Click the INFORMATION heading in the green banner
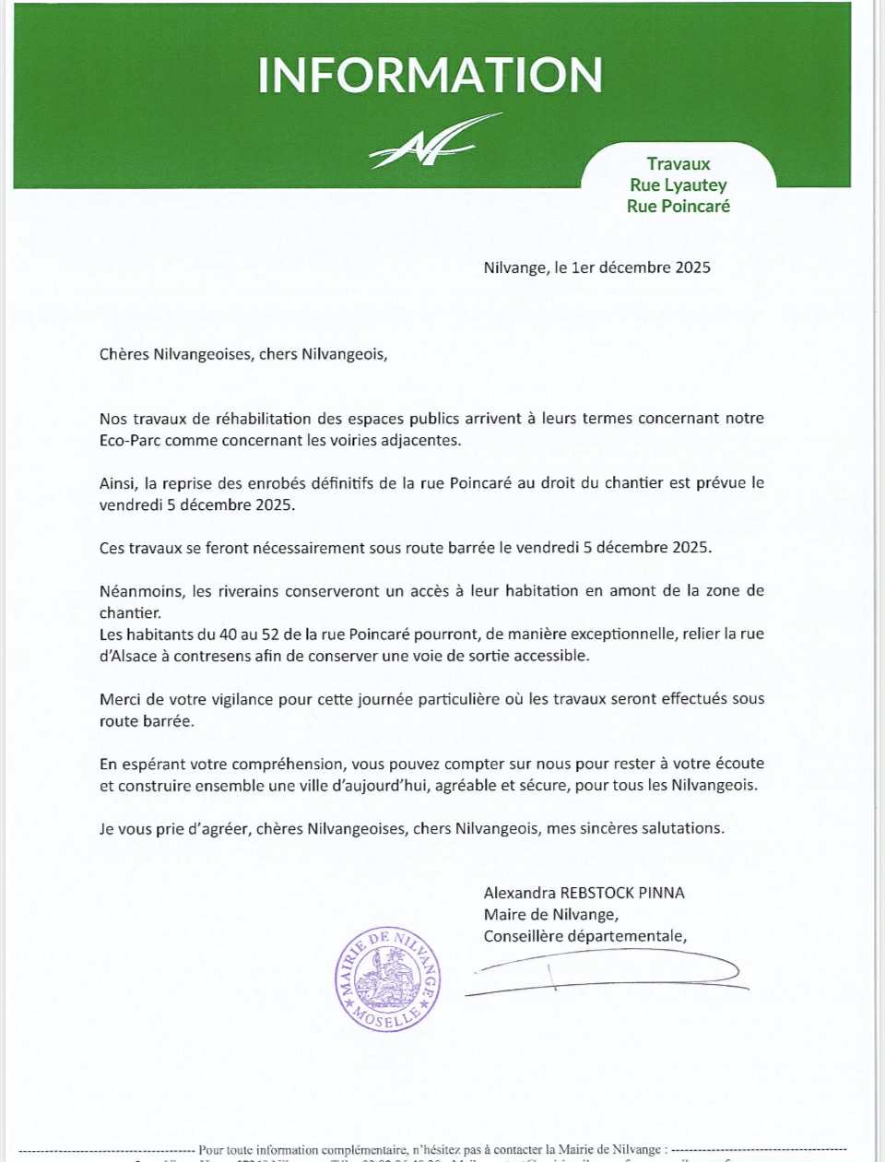click(430, 76)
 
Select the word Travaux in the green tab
click(678, 164)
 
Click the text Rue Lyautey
click(678, 185)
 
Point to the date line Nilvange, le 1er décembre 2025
click(596, 267)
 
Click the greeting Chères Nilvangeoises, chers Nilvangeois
click(243, 354)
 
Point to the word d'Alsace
click(128, 657)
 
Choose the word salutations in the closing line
click(678, 828)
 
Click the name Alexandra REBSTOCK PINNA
click(584, 893)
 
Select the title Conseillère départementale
click(584, 936)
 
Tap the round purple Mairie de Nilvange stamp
click(387, 978)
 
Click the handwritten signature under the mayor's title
click(604, 973)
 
